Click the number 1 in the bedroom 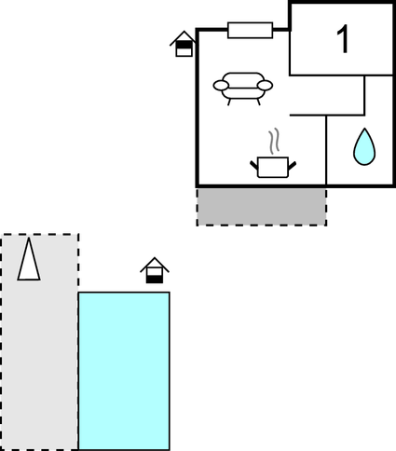[x=343, y=39]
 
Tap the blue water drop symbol [x=364, y=146]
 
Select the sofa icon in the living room [x=243, y=89]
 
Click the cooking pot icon [x=273, y=167]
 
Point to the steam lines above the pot [x=274, y=142]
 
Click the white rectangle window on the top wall [x=250, y=30]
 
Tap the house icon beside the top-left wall [x=184, y=44]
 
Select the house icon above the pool [x=155, y=270]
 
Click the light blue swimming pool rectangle [x=124, y=371]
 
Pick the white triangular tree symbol [x=29, y=260]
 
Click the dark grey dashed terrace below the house [x=262, y=207]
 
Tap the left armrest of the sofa [x=221, y=86]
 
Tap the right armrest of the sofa [x=265, y=85]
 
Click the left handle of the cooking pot [x=254, y=165]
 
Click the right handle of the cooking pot [x=292, y=166]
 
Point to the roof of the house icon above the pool [x=155, y=264]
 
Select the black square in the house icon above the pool [x=155, y=280]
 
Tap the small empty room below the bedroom [x=327, y=95]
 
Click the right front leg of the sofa [x=259, y=102]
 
